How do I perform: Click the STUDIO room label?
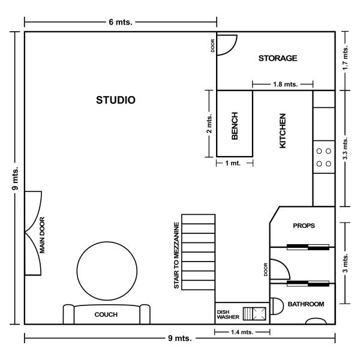[x=115, y=100]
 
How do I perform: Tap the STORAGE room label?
[x=278, y=58]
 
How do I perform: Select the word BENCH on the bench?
[x=235, y=126]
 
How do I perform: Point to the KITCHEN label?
[x=283, y=131]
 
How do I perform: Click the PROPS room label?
[x=304, y=226]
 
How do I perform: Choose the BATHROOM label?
[x=306, y=304]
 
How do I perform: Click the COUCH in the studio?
[x=106, y=314]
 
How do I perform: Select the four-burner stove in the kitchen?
[x=324, y=157]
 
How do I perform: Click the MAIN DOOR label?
[x=43, y=235]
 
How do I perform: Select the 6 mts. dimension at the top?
[x=121, y=21]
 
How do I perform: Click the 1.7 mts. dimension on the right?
[x=345, y=58]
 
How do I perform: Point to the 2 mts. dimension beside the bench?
[x=209, y=124]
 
